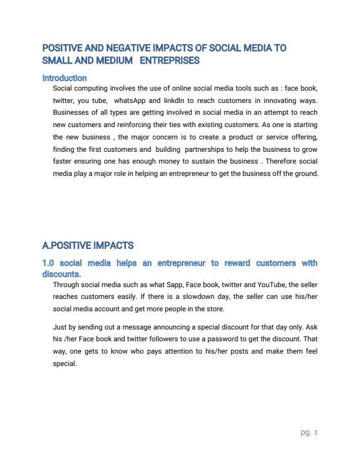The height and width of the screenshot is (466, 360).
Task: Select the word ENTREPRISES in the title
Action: click(x=171, y=60)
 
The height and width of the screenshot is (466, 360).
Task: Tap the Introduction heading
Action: click(x=65, y=78)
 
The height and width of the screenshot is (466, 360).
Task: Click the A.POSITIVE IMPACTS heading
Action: click(x=88, y=245)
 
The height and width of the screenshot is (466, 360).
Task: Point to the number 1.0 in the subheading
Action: click(x=49, y=263)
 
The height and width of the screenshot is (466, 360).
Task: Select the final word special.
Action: click(x=65, y=364)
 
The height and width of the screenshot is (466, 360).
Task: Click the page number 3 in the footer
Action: click(x=316, y=432)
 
